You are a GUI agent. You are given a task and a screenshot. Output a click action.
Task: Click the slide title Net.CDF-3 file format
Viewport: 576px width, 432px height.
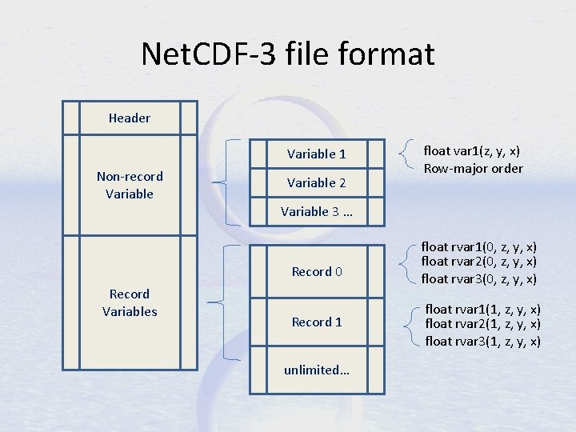pos(288,54)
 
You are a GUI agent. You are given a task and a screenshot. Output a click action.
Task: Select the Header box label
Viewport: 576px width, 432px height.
pos(130,118)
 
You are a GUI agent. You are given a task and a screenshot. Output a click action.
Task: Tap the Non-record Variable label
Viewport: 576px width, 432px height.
pos(130,185)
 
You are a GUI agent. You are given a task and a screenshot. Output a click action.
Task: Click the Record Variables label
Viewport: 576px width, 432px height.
pos(130,302)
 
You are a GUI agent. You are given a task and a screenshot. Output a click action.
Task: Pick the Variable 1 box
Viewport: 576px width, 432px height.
pos(317,154)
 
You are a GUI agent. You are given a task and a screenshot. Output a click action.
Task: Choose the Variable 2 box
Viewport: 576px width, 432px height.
pos(317,183)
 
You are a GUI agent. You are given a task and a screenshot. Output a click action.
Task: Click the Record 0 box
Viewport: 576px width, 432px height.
pos(317,272)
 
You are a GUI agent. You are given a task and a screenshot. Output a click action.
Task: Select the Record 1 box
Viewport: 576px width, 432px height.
pos(317,322)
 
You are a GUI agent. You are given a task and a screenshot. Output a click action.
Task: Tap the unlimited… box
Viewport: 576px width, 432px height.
pos(317,370)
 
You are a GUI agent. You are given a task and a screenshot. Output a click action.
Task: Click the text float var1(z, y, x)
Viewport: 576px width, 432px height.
pos(473,150)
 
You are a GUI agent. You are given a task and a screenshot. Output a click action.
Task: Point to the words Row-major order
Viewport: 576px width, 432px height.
pos(473,168)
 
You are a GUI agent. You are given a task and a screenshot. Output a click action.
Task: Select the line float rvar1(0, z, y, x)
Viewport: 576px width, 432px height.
pos(478,247)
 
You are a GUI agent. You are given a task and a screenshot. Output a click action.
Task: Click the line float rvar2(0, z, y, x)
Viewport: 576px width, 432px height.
pos(478,262)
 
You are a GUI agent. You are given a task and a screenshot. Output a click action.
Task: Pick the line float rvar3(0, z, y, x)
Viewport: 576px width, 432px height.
pos(478,278)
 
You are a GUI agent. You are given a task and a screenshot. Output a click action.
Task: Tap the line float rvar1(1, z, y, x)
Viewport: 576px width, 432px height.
pos(482,309)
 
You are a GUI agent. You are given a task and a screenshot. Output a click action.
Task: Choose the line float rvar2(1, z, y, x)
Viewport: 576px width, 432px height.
pos(482,324)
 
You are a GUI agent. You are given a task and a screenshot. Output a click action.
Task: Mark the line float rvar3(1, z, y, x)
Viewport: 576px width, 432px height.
pos(482,341)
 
